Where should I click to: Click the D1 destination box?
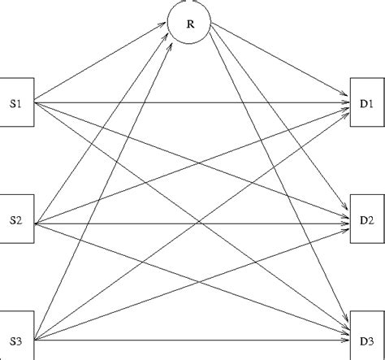(365, 104)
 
